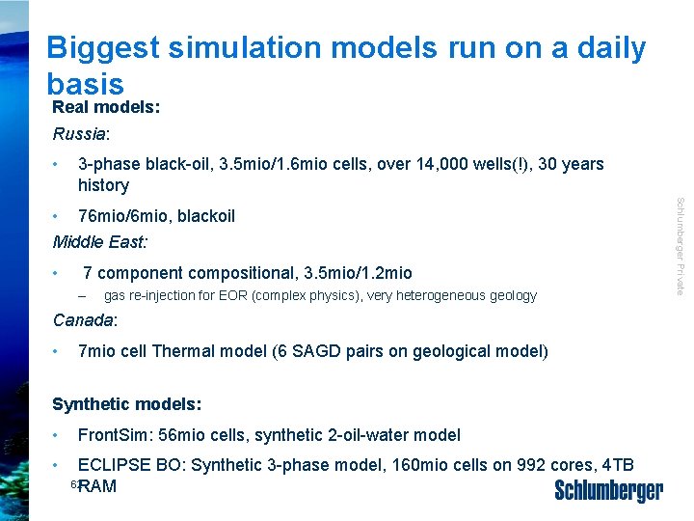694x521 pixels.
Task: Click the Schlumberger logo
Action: click(608, 491)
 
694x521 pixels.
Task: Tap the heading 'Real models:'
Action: click(106, 107)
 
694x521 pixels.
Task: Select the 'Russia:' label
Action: click(81, 133)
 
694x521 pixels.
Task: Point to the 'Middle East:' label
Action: click(100, 240)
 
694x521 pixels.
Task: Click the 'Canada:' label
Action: click(85, 319)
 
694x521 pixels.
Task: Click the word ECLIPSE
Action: click(115, 465)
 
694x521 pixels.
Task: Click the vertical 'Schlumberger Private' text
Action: click(680, 246)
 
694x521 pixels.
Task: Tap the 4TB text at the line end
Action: click(616, 465)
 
